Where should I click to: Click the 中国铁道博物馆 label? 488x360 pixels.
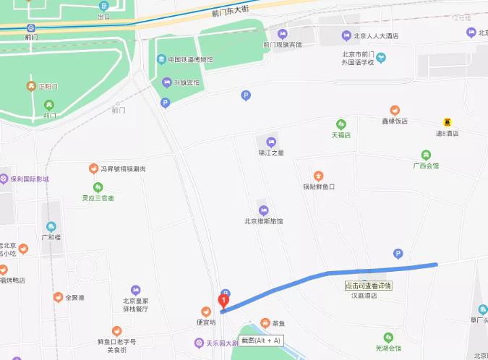point(190,60)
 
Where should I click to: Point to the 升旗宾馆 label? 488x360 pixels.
point(184,82)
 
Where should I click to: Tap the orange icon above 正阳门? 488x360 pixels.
point(31,87)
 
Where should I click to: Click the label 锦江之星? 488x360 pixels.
point(271,153)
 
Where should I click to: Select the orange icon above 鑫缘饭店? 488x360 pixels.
point(395,110)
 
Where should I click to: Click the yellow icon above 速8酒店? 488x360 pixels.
point(448,122)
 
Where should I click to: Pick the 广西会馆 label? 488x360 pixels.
point(426,166)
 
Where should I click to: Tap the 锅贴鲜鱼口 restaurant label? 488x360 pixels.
point(319,187)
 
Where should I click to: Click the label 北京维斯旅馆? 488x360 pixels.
point(264,220)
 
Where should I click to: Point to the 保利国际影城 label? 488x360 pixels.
point(29,179)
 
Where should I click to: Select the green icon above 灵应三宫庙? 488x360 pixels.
point(98,187)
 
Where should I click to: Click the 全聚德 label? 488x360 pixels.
point(74,297)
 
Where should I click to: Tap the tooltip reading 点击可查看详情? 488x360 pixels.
point(368,286)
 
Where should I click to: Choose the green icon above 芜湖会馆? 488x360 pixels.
point(388,338)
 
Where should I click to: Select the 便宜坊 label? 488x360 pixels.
point(205,322)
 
